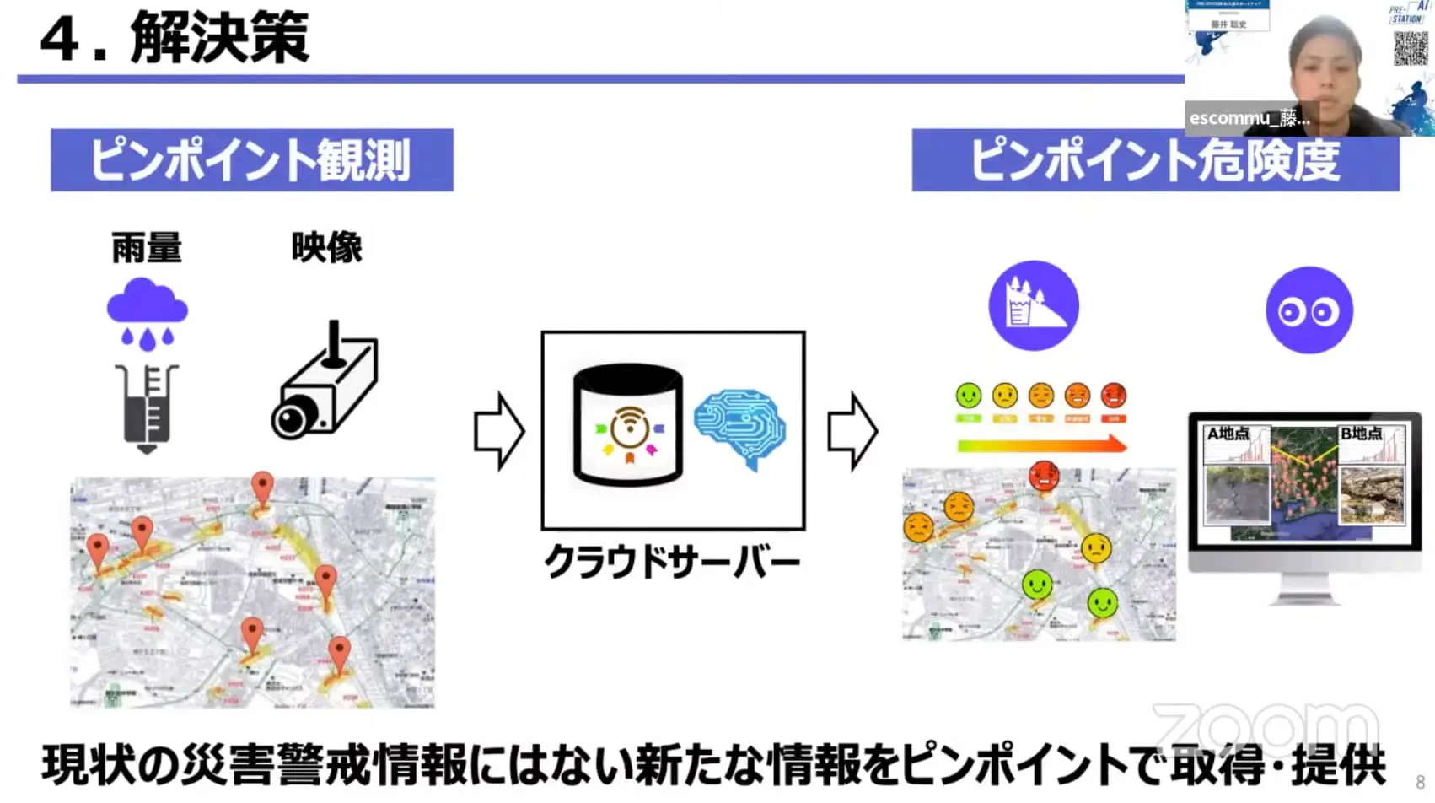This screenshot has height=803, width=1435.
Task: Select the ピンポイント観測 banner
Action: coord(251,159)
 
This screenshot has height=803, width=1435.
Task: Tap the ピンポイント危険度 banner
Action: coord(1155,160)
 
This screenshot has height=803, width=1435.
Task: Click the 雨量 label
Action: coord(147,248)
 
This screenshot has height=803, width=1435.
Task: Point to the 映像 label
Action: coord(326,248)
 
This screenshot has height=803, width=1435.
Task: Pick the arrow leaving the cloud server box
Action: coord(852,431)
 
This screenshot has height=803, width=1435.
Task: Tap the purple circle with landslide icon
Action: coord(1034,306)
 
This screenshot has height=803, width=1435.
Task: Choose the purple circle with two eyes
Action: coord(1309,310)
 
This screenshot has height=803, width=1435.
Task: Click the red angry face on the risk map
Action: coord(1044,475)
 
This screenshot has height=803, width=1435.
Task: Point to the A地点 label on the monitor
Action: coord(1228,434)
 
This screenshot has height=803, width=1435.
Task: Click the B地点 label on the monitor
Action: coord(1361,434)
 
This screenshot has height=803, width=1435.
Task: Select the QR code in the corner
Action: coord(1410,49)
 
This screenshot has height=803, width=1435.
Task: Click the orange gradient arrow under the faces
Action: coord(1042,445)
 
